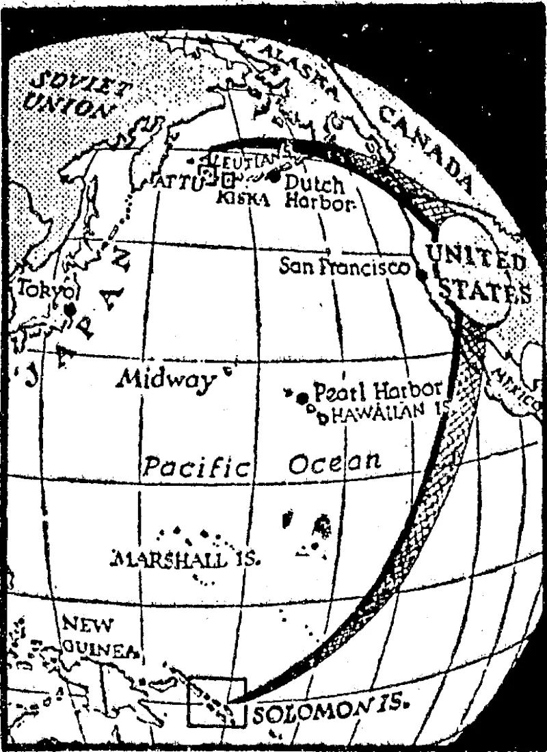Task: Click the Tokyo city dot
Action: pyautogui.click(x=70, y=310)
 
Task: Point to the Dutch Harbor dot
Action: pyautogui.click(x=275, y=177)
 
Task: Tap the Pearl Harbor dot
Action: pyautogui.click(x=302, y=397)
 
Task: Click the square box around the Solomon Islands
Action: pyautogui.click(x=216, y=701)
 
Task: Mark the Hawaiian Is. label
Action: pyautogui.click(x=386, y=413)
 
